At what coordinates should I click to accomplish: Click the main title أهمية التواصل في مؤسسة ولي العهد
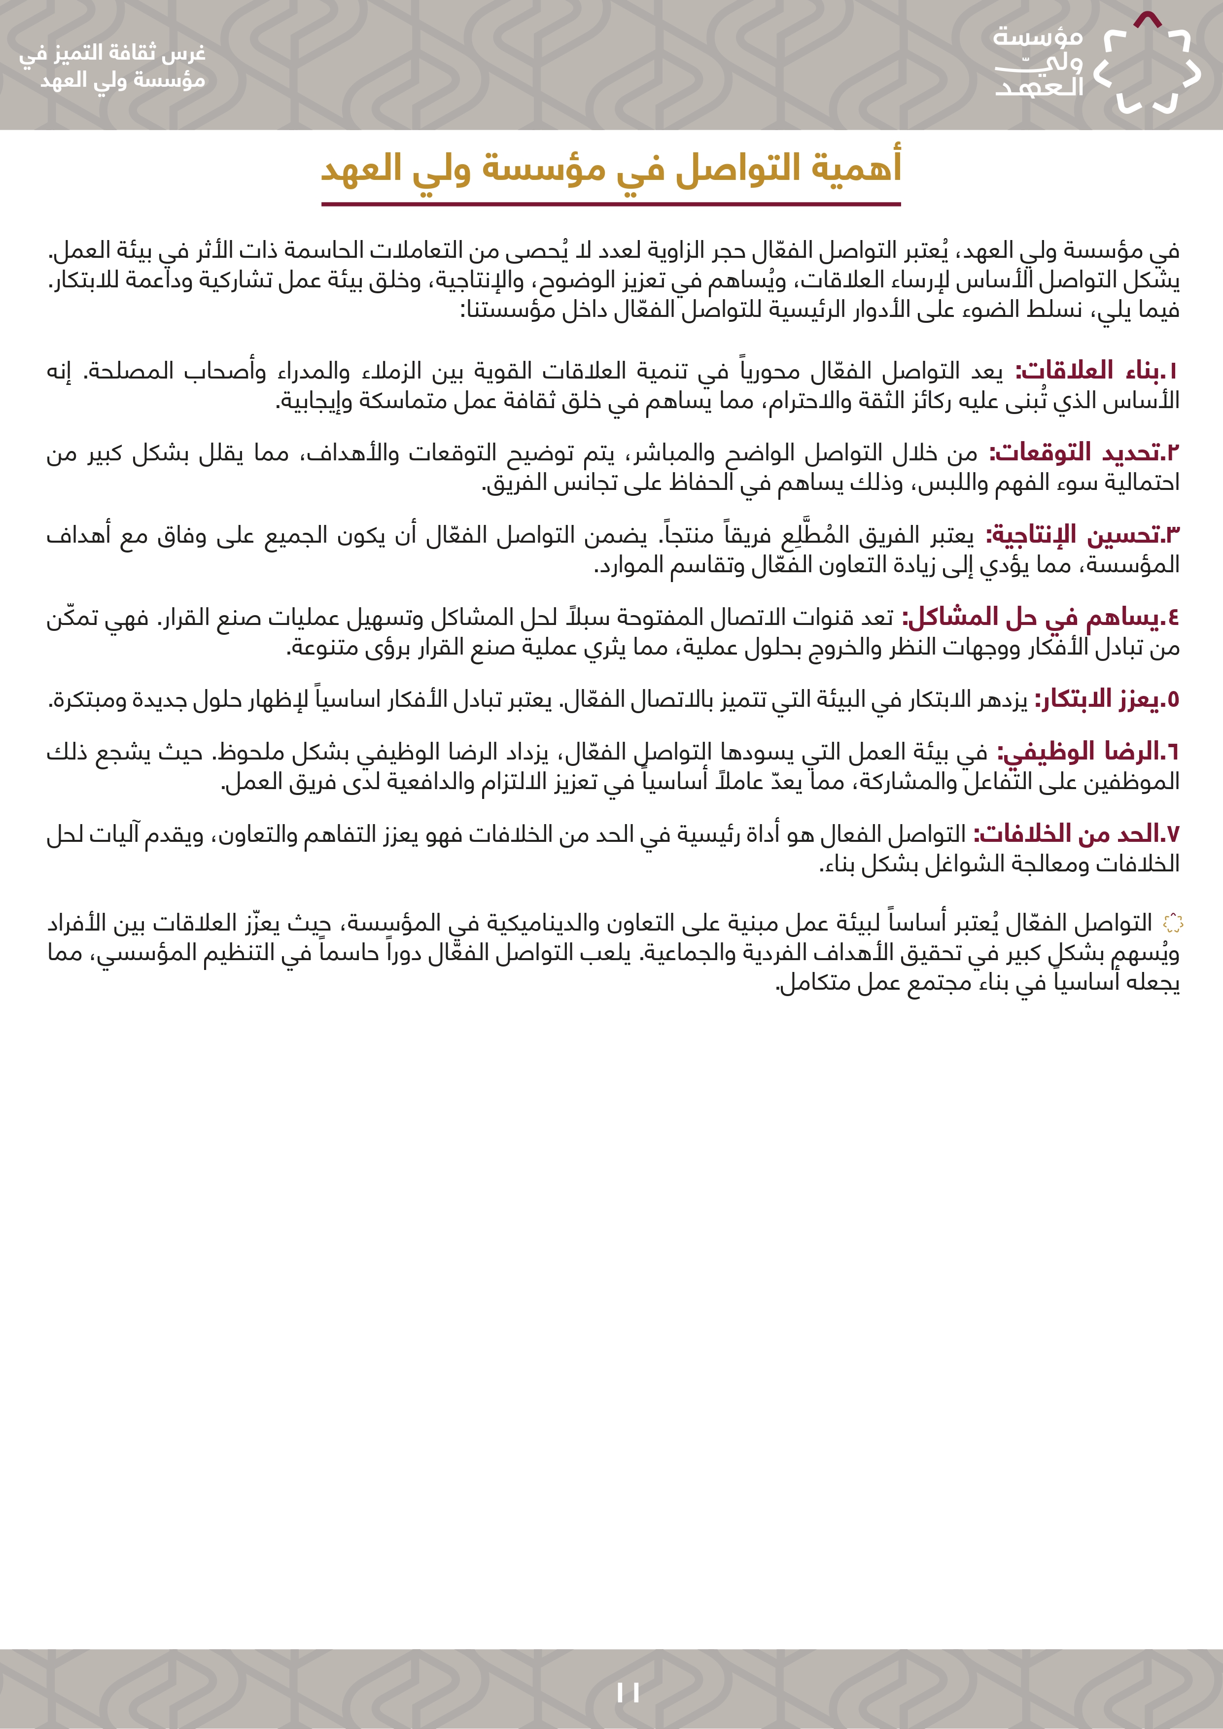(x=611, y=167)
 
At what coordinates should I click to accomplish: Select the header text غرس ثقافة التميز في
(x=112, y=53)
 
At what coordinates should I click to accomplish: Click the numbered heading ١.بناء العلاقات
(x=1096, y=371)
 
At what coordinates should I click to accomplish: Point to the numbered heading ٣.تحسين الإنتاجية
(x=1083, y=535)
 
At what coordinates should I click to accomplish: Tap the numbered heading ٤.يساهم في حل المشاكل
(x=1041, y=618)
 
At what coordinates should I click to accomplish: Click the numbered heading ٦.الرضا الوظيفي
(x=1088, y=752)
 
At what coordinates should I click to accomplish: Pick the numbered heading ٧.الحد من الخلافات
(x=1076, y=833)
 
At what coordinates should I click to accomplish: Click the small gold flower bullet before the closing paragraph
(x=1173, y=923)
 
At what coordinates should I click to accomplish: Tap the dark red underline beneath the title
(x=611, y=204)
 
